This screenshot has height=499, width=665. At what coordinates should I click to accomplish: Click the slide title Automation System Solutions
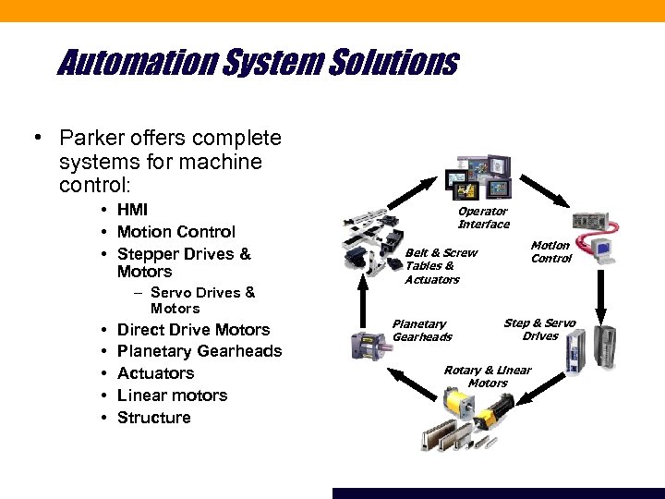tap(258, 63)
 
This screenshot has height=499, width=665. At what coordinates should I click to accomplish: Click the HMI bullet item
tap(132, 210)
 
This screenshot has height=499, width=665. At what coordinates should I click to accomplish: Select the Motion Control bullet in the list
tap(175, 232)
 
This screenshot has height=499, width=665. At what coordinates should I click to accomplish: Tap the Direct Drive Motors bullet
tap(193, 330)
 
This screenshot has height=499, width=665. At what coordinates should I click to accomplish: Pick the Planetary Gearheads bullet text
tap(199, 351)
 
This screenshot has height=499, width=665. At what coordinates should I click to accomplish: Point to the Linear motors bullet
tap(172, 396)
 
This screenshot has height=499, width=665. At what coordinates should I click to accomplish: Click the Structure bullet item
tap(153, 418)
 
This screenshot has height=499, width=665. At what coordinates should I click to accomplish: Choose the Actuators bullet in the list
tap(155, 373)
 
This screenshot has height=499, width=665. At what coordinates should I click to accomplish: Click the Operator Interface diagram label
tap(483, 218)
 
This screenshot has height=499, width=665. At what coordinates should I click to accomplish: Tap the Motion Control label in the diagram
tap(550, 251)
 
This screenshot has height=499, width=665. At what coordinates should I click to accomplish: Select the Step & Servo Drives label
tap(539, 329)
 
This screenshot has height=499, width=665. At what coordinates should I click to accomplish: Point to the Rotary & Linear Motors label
tap(488, 376)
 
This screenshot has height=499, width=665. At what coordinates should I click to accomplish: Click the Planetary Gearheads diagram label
tap(421, 330)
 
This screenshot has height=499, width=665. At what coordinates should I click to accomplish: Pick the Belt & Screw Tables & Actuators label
tap(441, 265)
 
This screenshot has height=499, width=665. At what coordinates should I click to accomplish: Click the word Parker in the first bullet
tap(88, 139)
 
